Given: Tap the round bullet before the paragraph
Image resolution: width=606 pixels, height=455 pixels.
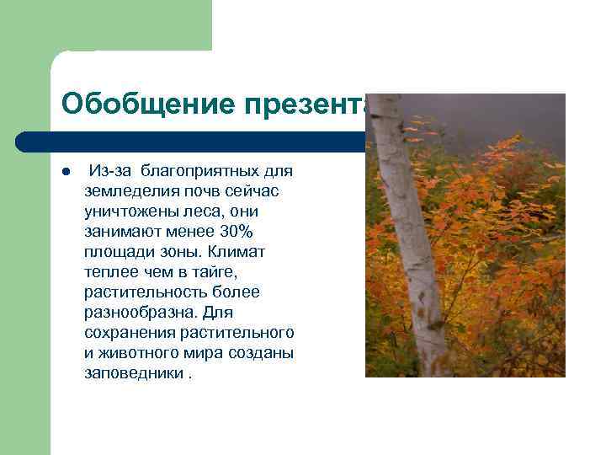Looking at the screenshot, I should pyautogui.click(x=65, y=173).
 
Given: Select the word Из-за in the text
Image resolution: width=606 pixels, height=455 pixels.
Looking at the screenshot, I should pyautogui.click(x=110, y=171).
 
